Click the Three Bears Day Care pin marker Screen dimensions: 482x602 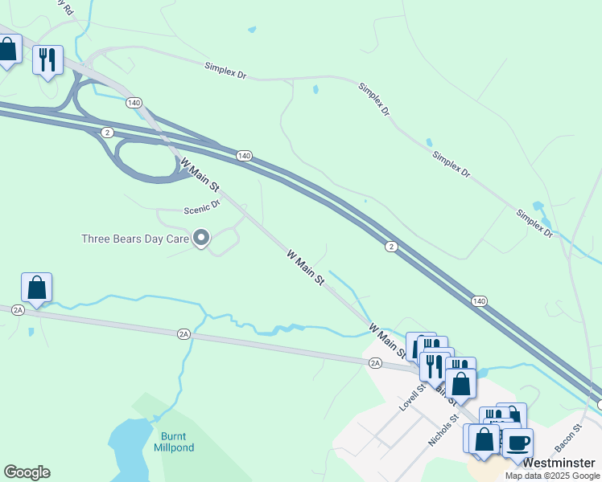tap(201, 238)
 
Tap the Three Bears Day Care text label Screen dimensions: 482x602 tap(135, 239)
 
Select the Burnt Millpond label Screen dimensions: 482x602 tap(172, 442)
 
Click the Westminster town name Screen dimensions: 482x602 tap(559, 464)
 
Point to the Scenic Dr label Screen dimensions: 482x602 tap(202, 207)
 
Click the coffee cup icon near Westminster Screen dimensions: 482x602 tap(517, 443)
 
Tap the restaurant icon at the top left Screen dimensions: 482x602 tap(47, 59)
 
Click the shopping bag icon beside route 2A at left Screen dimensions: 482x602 tap(36, 287)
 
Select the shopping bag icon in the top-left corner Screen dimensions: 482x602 tap(7, 51)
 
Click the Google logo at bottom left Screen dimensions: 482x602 tap(27, 472)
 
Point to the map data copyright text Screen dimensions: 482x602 tap(552, 476)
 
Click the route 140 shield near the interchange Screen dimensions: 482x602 tap(134, 103)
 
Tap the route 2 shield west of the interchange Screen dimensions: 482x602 tap(107, 132)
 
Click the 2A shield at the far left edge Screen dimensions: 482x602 tap(18, 308)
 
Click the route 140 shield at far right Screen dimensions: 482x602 tap(480, 300)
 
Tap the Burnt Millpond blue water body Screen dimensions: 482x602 tap(129, 450)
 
